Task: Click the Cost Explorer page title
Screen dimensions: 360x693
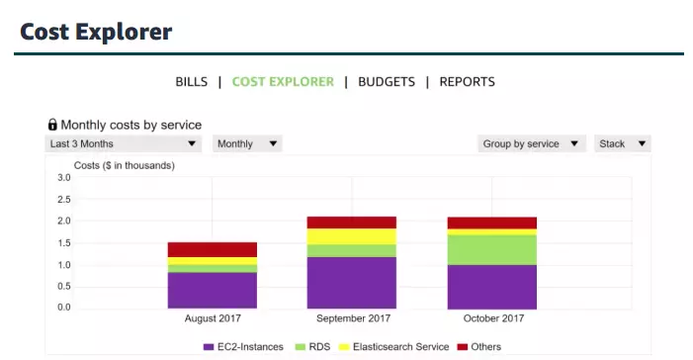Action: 96,32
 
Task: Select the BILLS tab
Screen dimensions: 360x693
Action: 192,82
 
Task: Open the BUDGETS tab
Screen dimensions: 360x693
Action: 387,82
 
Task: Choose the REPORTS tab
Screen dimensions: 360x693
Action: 467,82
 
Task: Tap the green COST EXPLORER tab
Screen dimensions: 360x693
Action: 283,82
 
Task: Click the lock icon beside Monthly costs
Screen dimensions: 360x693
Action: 52,125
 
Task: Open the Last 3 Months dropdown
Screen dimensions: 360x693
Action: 124,144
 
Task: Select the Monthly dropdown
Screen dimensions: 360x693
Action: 247,144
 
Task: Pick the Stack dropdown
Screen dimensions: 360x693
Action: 622,144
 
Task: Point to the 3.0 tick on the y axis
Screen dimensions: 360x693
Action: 63,178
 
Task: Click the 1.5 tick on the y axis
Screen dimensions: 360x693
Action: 63,243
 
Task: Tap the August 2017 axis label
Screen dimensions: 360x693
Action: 213,319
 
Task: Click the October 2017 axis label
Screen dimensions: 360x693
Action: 491,319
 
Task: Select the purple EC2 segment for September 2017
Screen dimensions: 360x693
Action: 352,282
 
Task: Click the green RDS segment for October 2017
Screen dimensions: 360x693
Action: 491,249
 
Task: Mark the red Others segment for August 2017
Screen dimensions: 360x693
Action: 213,249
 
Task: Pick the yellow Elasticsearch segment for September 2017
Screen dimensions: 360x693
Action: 352,236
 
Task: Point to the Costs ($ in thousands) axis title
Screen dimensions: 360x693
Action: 125,165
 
